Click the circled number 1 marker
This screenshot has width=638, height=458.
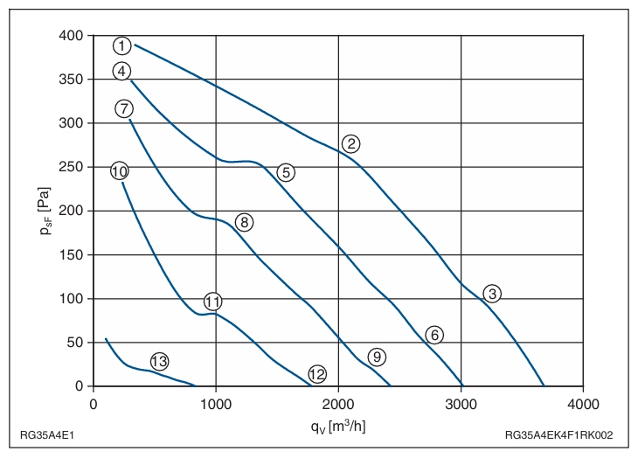(122, 45)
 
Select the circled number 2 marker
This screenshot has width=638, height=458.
(350, 143)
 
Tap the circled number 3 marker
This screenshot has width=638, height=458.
(492, 294)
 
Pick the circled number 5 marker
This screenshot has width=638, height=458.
(286, 172)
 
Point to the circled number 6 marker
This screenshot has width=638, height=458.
(434, 335)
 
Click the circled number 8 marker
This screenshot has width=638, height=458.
(244, 222)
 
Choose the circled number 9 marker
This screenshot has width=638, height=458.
(377, 357)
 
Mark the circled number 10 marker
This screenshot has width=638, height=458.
(119, 171)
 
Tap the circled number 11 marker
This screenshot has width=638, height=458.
(212, 302)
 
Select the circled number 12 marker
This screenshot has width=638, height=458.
(317, 374)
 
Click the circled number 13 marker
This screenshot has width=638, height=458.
(159, 361)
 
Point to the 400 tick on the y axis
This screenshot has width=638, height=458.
(71, 35)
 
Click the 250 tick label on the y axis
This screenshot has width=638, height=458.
(71, 167)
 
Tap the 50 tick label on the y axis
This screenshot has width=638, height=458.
(75, 343)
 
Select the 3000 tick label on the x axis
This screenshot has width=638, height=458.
(461, 404)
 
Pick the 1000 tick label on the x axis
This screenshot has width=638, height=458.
(216, 404)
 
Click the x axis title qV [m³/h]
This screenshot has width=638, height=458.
(338, 426)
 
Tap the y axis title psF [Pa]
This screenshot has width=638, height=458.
(45, 211)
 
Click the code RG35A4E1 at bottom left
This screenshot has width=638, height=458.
(47, 435)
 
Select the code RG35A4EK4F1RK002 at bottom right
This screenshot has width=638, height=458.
(558, 435)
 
